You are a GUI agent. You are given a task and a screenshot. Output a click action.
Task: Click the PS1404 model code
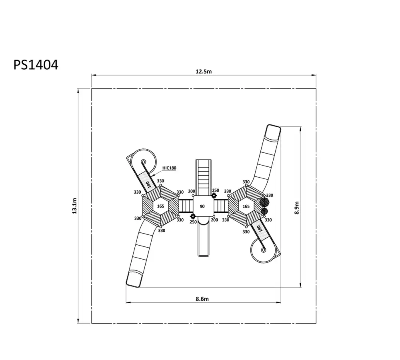click(36, 65)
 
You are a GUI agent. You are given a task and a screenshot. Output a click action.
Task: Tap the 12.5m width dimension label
click(204, 72)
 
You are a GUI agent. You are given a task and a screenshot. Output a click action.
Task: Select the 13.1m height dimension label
click(74, 206)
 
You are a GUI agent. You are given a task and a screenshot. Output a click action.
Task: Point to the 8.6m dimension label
click(202, 299)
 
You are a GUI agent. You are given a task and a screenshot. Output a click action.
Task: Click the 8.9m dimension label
click(297, 208)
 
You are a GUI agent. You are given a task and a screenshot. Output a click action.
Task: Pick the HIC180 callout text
click(169, 168)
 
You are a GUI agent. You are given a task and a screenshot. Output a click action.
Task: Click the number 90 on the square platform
click(202, 206)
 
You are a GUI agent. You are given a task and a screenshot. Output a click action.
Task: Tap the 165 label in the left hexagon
click(160, 206)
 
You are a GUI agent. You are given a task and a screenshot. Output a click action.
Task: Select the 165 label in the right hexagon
click(246, 206)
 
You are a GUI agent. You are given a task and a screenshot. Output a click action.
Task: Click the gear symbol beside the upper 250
click(214, 196)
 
